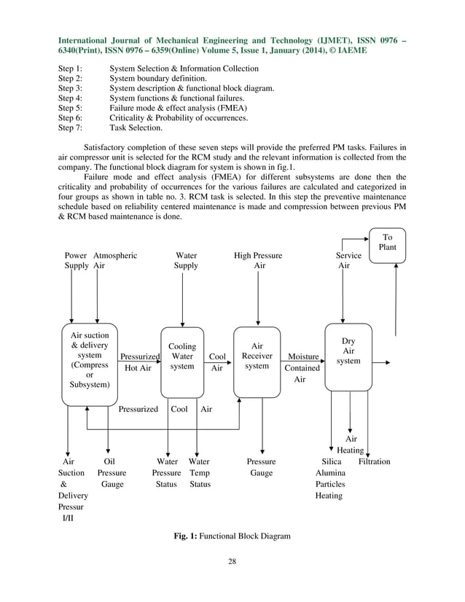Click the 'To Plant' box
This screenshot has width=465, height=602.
click(387, 243)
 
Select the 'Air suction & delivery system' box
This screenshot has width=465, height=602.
click(90, 364)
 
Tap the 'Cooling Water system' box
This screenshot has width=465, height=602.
click(182, 356)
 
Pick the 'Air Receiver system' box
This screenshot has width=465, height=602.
click(257, 356)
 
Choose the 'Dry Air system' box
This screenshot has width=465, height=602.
click(348, 351)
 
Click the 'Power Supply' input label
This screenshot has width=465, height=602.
click(75, 261)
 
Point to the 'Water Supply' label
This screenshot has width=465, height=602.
click(186, 261)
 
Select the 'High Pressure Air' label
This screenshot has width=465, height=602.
click(258, 261)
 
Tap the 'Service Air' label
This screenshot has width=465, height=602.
click(348, 261)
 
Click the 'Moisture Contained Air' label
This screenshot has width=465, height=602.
click(302, 368)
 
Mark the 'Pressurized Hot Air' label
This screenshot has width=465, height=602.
click(139, 362)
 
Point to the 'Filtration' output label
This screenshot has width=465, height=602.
click(374, 461)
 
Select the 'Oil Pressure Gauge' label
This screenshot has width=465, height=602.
click(111, 472)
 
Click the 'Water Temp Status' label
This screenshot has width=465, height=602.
click(199, 472)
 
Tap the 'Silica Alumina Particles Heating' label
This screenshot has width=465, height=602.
click(330, 478)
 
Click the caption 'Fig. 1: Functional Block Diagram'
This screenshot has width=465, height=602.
click(231, 536)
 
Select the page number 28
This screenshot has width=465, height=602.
click(232, 561)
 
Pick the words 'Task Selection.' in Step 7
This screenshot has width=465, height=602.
click(136, 127)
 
